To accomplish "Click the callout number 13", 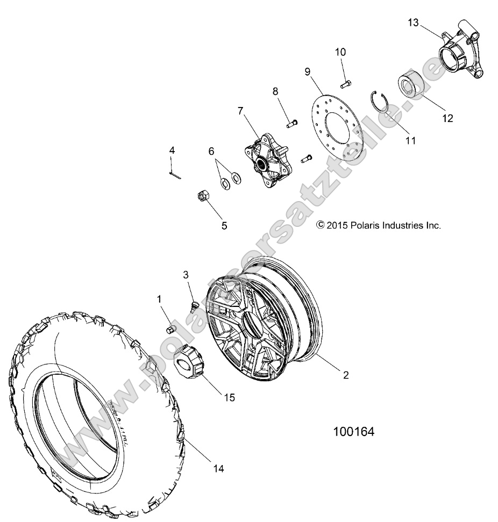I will click(413, 23).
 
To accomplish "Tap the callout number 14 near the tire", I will click(218, 468).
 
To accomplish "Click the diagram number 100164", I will click(353, 432).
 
